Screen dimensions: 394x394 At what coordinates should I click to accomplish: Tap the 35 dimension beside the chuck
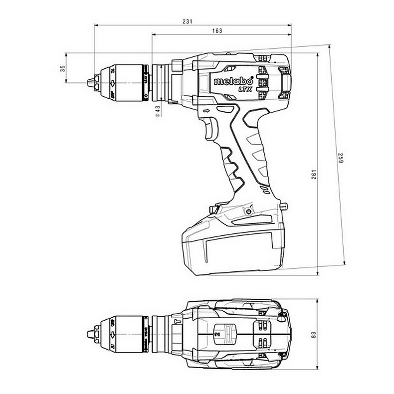click(63, 68)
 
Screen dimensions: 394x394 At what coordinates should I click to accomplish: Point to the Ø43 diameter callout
click(157, 111)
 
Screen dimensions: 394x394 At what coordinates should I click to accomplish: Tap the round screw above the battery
click(246, 212)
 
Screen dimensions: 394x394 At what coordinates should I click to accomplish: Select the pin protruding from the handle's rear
click(285, 205)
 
